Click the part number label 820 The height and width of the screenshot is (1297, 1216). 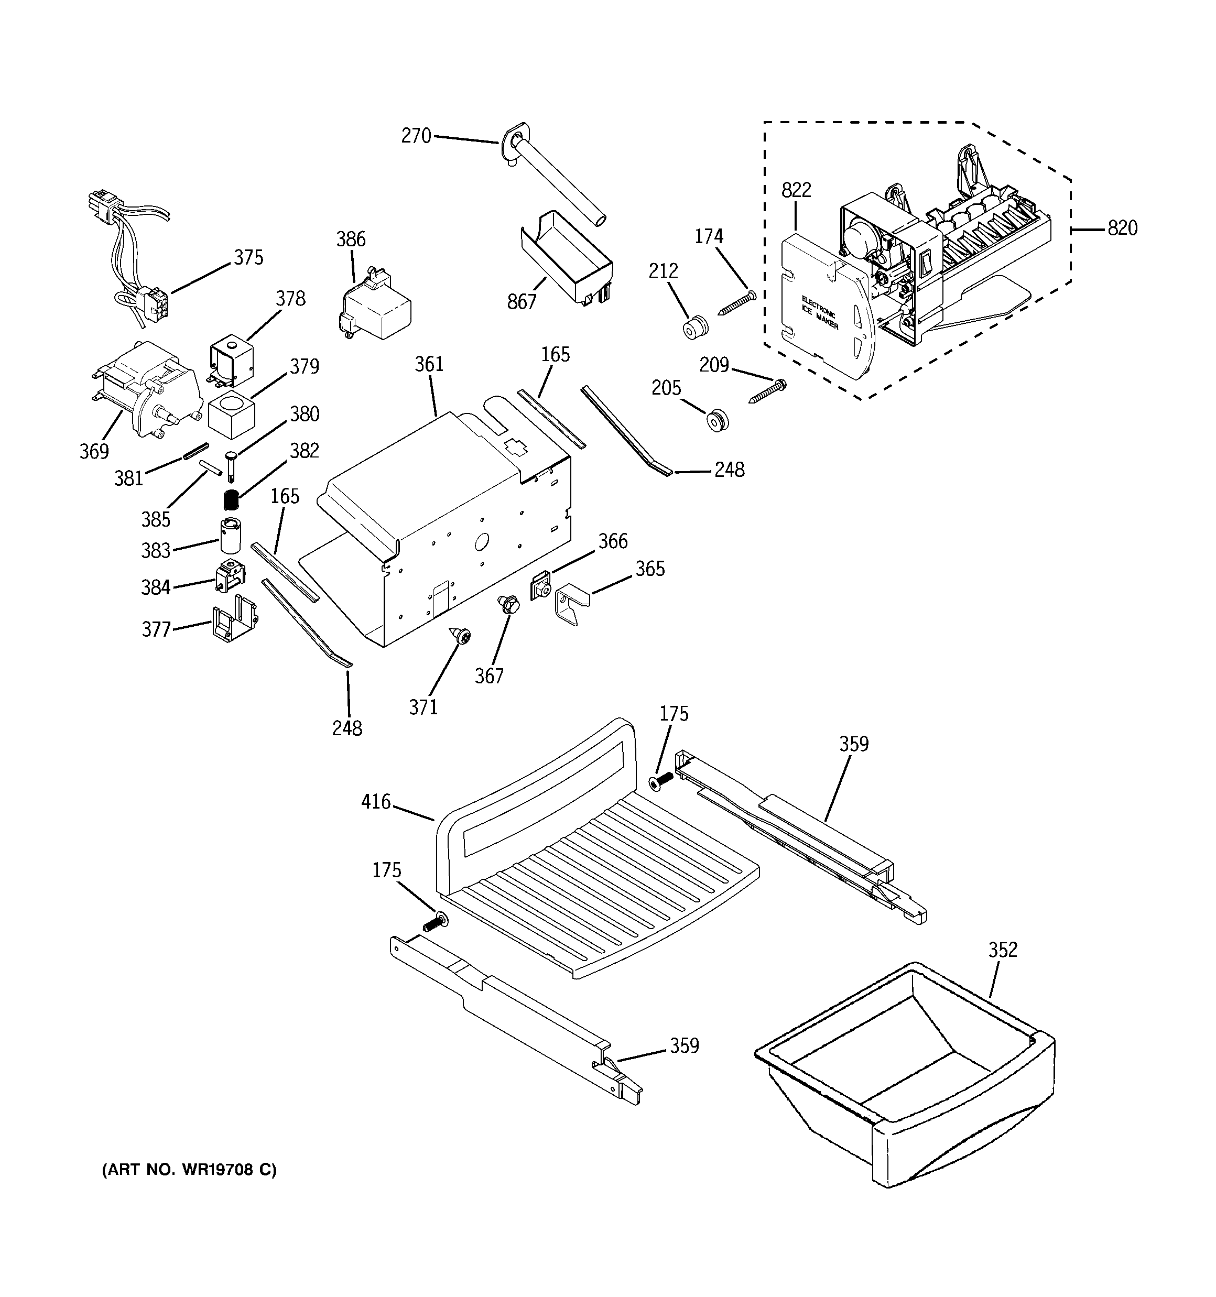point(1122,228)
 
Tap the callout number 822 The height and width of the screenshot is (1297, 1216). point(796,190)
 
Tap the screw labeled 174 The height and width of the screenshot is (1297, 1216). point(737,304)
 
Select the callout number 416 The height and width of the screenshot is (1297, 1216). point(376,802)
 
